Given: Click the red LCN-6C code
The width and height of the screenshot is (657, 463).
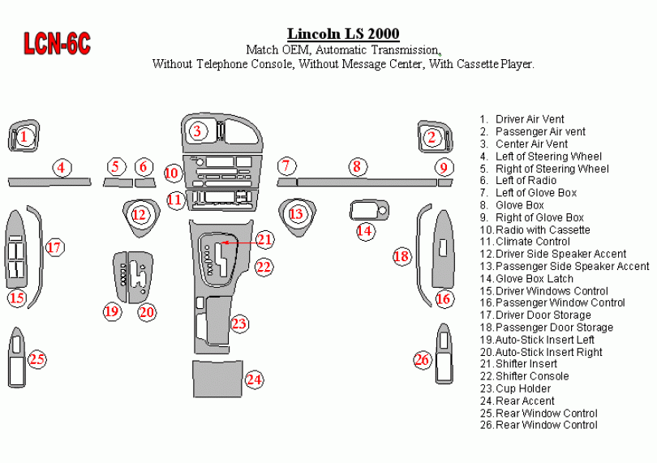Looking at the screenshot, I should click(x=57, y=44).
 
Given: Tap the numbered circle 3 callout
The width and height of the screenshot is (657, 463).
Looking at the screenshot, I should click(x=197, y=131).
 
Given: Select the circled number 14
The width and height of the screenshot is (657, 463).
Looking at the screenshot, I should click(x=366, y=231).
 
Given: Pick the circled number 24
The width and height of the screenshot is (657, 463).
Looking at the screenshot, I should click(x=255, y=379).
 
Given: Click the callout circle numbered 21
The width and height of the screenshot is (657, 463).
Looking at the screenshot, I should click(x=265, y=239).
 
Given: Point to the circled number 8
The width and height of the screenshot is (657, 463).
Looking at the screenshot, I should click(x=355, y=167).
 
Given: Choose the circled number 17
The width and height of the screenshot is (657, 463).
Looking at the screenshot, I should click(x=54, y=247).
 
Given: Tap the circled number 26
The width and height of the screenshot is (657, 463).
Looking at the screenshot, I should click(x=422, y=360).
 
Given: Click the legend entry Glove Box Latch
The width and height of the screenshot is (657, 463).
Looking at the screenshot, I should click(x=535, y=278).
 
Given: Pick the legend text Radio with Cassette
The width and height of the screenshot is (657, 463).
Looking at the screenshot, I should click(x=542, y=229).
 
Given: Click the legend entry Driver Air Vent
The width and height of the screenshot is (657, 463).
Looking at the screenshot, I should click(x=530, y=119).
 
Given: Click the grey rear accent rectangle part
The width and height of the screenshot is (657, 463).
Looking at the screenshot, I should click(x=217, y=379).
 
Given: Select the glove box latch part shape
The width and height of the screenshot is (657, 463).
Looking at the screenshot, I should click(x=367, y=210).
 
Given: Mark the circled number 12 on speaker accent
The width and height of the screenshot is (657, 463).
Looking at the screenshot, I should click(x=140, y=215).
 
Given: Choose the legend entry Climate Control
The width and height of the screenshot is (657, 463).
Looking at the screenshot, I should click(x=532, y=242).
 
